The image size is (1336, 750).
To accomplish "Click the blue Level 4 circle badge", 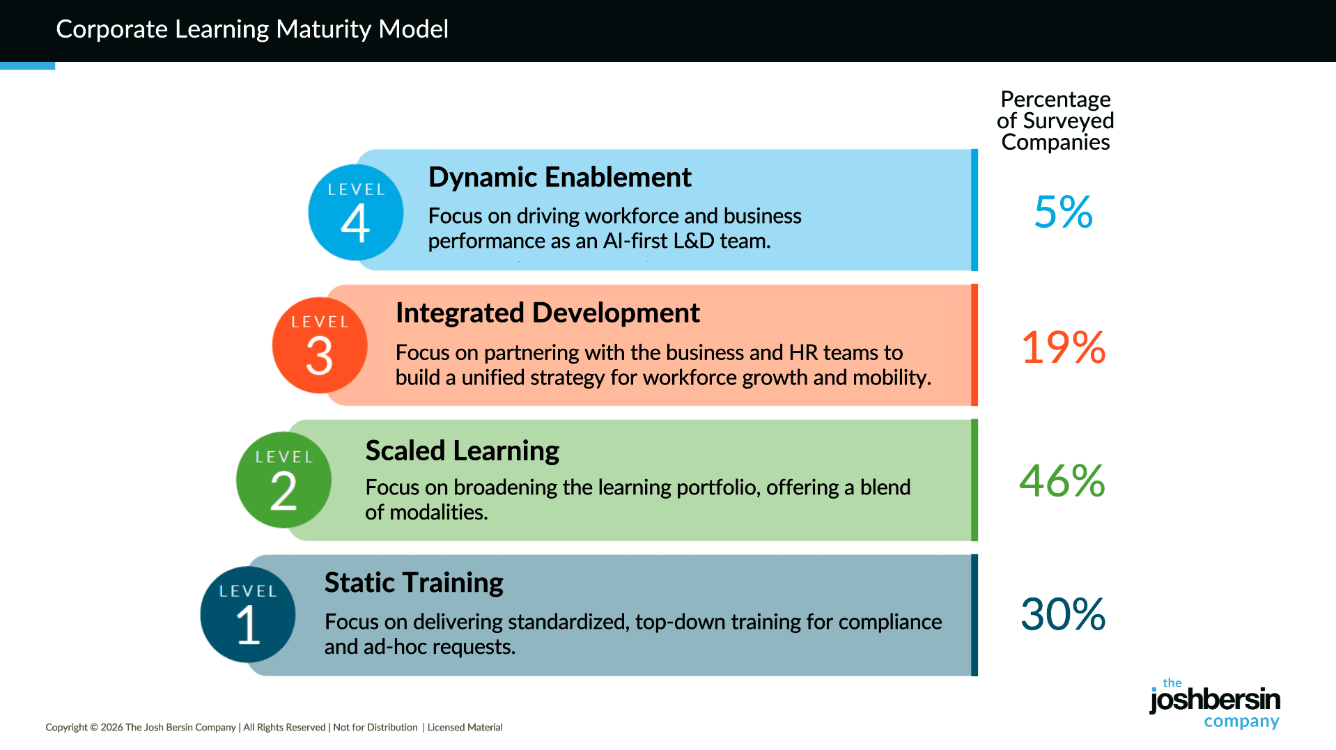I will pyautogui.click(x=355, y=212).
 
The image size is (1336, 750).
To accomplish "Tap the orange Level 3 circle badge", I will pyautogui.click(x=320, y=345).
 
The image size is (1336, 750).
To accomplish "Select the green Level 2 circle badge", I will pyautogui.click(x=283, y=480).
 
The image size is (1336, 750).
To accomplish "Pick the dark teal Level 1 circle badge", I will pyautogui.click(x=248, y=614).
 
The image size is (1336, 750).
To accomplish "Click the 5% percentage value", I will pyautogui.click(x=1063, y=212).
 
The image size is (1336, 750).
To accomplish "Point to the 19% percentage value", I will pyautogui.click(x=1063, y=347).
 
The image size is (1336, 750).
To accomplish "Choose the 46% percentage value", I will pyautogui.click(x=1062, y=481).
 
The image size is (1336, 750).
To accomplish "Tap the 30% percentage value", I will pyautogui.click(x=1063, y=614).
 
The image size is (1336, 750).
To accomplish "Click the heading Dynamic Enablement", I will pyautogui.click(x=559, y=178).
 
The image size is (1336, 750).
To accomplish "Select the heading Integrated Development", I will pyautogui.click(x=547, y=313).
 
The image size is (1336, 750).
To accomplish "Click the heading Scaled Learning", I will pyautogui.click(x=462, y=451).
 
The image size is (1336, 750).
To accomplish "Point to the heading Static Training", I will pyautogui.click(x=414, y=583).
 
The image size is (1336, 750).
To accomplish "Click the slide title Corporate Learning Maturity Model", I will pyautogui.click(x=252, y=29).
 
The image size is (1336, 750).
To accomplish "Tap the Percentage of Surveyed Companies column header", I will pyautogui.click(x=1055, y=120).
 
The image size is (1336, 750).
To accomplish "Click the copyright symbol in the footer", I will pyautogui.click(x=94, y=728).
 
